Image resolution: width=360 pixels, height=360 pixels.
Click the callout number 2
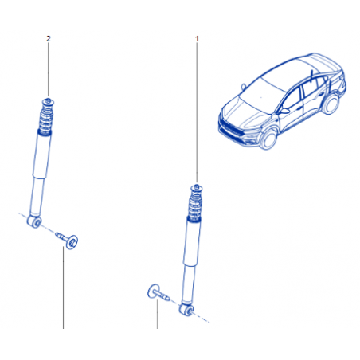[x=48, y=39]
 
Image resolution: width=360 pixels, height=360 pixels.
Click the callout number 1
[x=197, y=39]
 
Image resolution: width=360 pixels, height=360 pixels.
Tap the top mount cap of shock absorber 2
[x=49, y=101]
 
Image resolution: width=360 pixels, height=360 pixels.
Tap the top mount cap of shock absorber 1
[x=197, y=188]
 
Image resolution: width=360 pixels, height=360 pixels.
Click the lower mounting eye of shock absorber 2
[x=34, y=221]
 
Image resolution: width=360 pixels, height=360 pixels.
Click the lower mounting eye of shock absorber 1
[x=186, y=309]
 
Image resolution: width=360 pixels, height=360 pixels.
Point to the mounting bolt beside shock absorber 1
[x=158, y=293]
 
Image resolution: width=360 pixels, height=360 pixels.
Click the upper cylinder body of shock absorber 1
[x=193, y=242]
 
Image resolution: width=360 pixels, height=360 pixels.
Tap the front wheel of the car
[x=268, y=139]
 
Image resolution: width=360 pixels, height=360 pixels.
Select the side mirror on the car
[x=284, y=111]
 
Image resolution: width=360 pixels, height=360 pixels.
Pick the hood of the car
[x=245, y=112]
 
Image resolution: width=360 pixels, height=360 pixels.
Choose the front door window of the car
[x=292, y=98]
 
